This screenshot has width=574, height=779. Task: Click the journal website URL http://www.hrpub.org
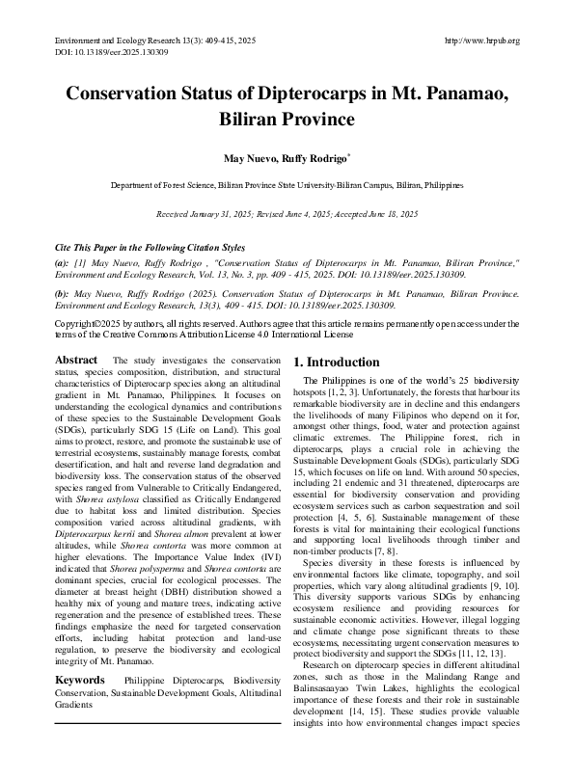pyautogui.click(x=481, y=40)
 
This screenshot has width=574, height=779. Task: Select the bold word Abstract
pyautogui.click(x=76, y=360)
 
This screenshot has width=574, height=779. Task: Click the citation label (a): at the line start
pyautogui.click(x=62, y=262)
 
